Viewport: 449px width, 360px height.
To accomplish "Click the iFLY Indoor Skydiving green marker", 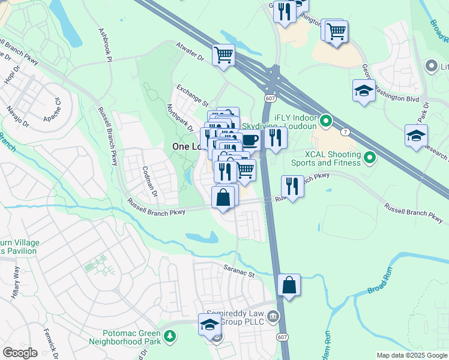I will tap(326, 122).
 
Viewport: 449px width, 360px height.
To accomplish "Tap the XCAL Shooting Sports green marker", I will tap(370, 158).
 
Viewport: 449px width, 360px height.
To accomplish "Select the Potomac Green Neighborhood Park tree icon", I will tap(170, 338).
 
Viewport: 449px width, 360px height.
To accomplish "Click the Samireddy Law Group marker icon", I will tap(273, 316).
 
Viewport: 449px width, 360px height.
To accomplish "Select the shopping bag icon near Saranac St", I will tap(289, 285).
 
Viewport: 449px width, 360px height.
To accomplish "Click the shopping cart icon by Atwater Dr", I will tap(223, 55).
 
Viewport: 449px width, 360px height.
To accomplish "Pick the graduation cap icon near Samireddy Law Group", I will tap(209, 325).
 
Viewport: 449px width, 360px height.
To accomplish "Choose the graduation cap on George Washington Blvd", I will tap(364, 91).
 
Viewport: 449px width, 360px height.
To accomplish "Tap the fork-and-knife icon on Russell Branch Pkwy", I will tap(292, 186).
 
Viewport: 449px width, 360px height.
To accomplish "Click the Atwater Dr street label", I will tap(190, 52).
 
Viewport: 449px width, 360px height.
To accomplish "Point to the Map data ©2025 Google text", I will tap(411, 355).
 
